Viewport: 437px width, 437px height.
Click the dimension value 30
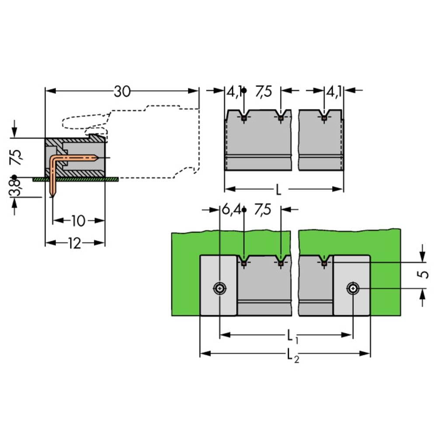[x=122, y=91]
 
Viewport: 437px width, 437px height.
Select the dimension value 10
[x=78, y=221]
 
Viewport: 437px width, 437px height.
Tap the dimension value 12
[x=75, y=243]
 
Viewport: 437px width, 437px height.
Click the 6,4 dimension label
[x=231, y=210]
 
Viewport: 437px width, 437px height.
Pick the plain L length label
[x=278, y=190]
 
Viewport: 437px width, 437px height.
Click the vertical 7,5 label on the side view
[x=15, y=157]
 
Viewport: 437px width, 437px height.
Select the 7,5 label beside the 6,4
[x=263, y=210]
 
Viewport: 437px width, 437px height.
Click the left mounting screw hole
[x=220, y=288]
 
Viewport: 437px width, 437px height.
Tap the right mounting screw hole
[x=353, y=288]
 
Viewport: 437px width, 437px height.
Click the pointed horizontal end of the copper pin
[x=97, y=158]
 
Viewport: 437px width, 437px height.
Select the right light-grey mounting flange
[x=351, y=285]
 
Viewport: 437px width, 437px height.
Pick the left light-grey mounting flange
[x=218, y=285]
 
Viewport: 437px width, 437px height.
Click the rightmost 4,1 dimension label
[x=333, y=91]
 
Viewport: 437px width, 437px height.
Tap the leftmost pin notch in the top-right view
[x=244, y=117]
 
